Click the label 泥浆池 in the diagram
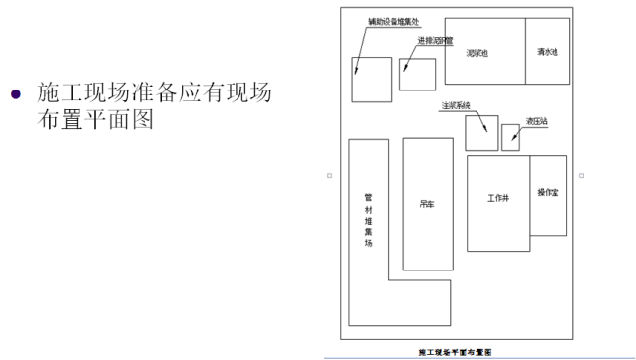(476, 53)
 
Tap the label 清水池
(547, 52)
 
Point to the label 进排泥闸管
(436, 41)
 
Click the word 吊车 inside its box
(427, 205)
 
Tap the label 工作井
(498, 197)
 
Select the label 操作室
(548, 193)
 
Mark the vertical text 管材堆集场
(367, 219)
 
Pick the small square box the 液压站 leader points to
(510, 136)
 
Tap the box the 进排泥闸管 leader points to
(417, 73)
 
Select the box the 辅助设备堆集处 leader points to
(371, 80)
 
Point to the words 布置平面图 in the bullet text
(94, 122)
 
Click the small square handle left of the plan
(328, 176)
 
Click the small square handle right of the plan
(582, 176)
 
